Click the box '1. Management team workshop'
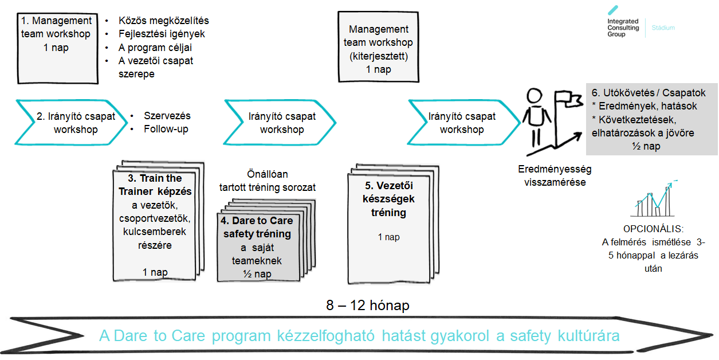tap(57, 49)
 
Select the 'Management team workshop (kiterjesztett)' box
tap(379, 47)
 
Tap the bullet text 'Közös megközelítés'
tap(164, 21)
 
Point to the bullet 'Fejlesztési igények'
tap(162, 34)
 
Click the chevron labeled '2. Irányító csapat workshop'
tap(71, 122)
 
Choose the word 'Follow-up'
tap(166, 129)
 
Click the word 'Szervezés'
tap(167, 116)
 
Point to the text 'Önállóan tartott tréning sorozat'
tap(268, 181)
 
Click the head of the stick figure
tap(535, 96)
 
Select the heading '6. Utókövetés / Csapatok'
tap(649, 93)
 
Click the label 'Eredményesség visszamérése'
tap(555, 175)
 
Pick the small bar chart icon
tap(654, 199)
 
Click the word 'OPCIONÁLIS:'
tap(653, 229)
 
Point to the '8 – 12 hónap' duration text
tap(368, 305)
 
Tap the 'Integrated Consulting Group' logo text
tap(623, 28)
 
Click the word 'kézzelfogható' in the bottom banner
tap(325, 336)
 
